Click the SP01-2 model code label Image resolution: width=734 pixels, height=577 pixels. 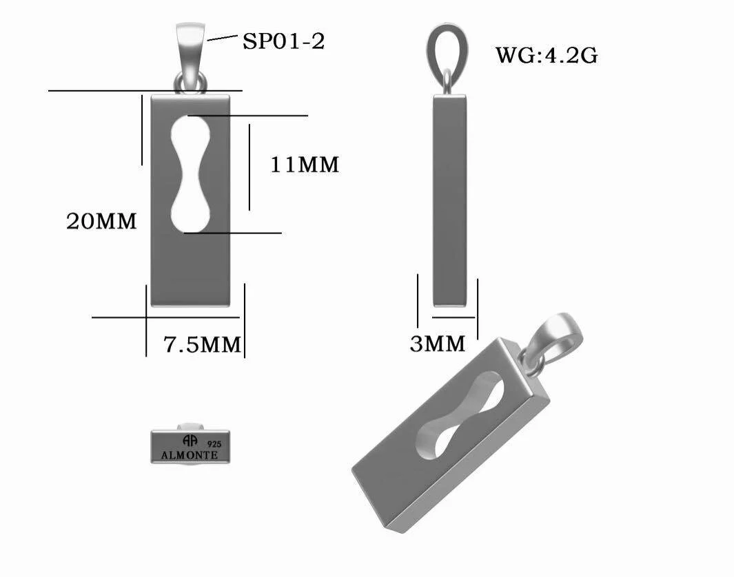(x=284, y=41)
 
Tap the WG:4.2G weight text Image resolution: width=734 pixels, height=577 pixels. (x=547, y=56)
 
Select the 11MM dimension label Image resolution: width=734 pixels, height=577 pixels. (x=305, y=165)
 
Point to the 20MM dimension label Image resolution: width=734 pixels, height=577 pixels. (x=101, y=221)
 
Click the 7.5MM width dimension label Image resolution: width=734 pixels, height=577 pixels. (x=202, y=344)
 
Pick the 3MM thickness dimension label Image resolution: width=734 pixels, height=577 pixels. (x=438, y=344)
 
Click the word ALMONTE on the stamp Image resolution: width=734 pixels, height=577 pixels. (x=190, y=455)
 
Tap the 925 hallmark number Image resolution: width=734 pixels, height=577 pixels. (x=214, y=444)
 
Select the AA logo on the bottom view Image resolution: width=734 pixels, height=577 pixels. (x=190, y=441)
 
